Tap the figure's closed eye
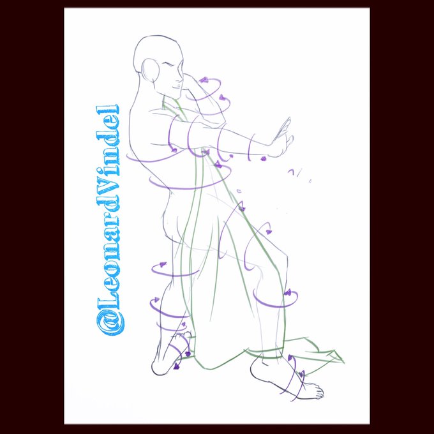pyautogui.click(x=170, y=66)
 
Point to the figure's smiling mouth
pyautogui.click(x=176, y=87)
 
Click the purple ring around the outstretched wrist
pyautogui.click(x=250, y=147)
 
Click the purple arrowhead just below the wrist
pyautogui.click(x=263, y=158)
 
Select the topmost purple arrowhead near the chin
pyautogui.click(x=204, y=80)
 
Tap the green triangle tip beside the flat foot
pyautogui.click(x=343, y=361)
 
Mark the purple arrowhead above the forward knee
pyautogui.click(x=268, y=232)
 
